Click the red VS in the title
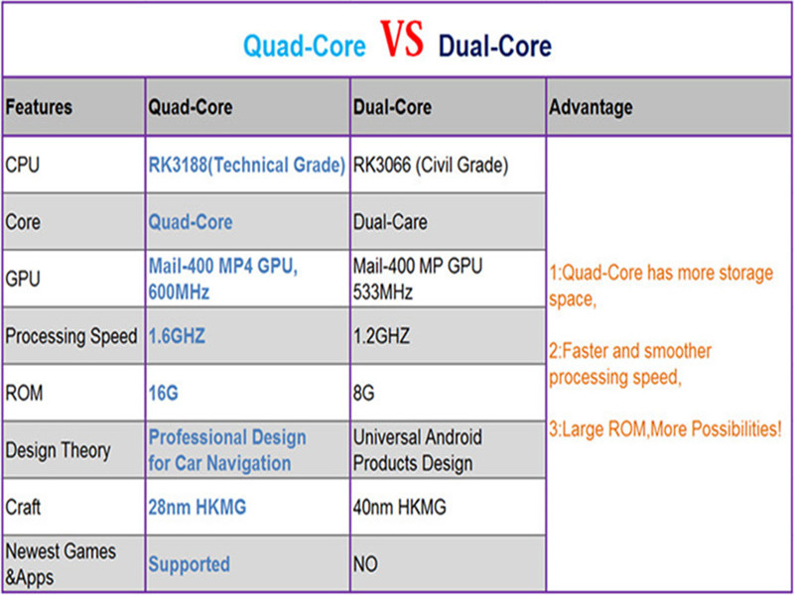point(401,43)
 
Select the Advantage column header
point(591,107)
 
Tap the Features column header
point(39,107)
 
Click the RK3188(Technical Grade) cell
point(247,165)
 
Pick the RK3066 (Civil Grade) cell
point(431,165)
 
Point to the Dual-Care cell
point(389,222)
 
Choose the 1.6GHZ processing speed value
point(177,336)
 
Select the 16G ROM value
point(163,394)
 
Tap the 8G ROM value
point(364,394)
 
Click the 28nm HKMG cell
point(198,508)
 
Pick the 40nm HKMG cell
point(400,508)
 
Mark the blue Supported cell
point(189,564)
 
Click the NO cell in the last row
point(365,564)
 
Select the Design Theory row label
point(58,450)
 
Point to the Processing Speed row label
point(70,336)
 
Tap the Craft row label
point(23,508)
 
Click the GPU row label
point(23,279)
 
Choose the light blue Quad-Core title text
point(305,47)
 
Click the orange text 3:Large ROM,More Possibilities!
point(665,429)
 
